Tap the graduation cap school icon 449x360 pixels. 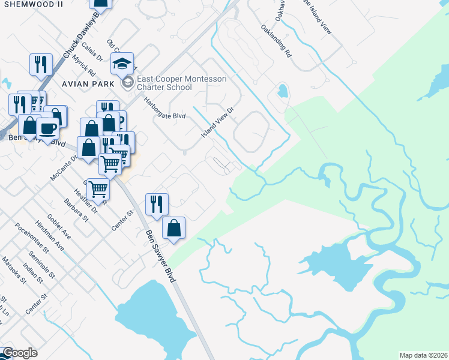click(122, 63)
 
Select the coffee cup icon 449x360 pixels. click(47, 127)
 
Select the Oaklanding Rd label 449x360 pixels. click(276, 41)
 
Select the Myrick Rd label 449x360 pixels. click(82, 65)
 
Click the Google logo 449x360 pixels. click(19, 353)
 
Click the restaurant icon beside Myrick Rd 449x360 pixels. click(41, 64)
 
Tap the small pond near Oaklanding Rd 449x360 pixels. click(282, 92)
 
